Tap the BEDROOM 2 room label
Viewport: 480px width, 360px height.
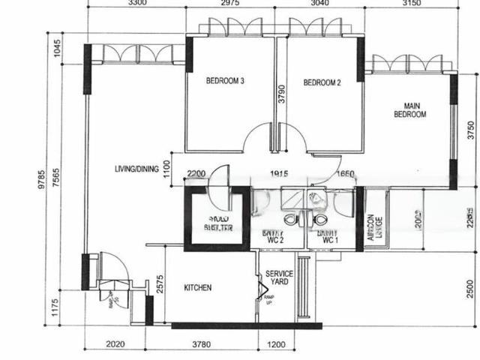pos(322,83)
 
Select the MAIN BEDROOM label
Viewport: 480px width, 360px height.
pos(410,110)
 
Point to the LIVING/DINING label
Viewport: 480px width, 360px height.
pos(136,169)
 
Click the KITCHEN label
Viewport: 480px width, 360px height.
pos(197,288)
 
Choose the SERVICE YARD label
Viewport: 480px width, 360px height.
pos(278,278)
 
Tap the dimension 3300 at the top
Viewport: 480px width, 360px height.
pos(136,4)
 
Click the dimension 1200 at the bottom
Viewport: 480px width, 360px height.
pos(279,346)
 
